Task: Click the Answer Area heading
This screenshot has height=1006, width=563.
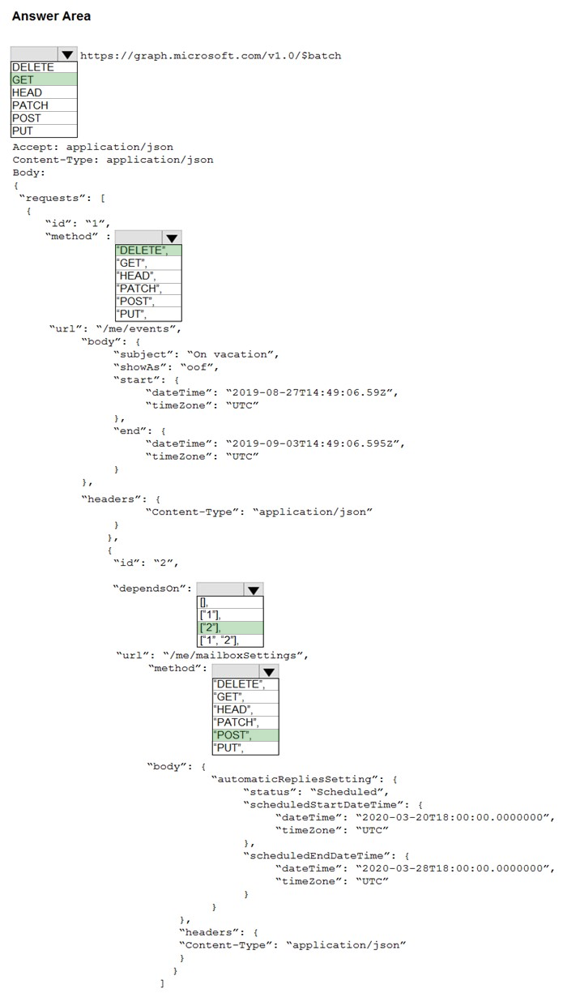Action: (51, 16)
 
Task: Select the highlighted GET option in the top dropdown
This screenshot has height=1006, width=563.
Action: (44, 79)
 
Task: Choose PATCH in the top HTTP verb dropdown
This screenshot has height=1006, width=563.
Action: (44, 105)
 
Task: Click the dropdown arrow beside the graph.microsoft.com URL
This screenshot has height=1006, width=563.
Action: (67, 54)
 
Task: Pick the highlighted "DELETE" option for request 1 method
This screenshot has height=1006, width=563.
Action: (148, 250)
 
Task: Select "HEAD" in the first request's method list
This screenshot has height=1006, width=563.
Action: (148, 276)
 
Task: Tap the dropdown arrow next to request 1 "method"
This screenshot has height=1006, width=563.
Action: (172, 238)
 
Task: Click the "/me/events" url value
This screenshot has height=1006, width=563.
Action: (139, 329)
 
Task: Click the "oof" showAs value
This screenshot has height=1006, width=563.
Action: (199, 367)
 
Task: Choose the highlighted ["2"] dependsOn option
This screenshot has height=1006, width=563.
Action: (230, 627)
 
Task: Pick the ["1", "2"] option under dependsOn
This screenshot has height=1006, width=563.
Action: (230, 640)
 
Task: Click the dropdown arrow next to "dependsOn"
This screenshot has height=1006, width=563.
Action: (254, 589)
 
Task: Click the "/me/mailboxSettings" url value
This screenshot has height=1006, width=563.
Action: (235, 656)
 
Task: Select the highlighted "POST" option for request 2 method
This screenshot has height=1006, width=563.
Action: (245, 735)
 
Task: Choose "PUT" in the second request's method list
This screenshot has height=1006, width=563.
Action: (245, 747)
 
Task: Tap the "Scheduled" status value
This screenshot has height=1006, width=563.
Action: (349, 792)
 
